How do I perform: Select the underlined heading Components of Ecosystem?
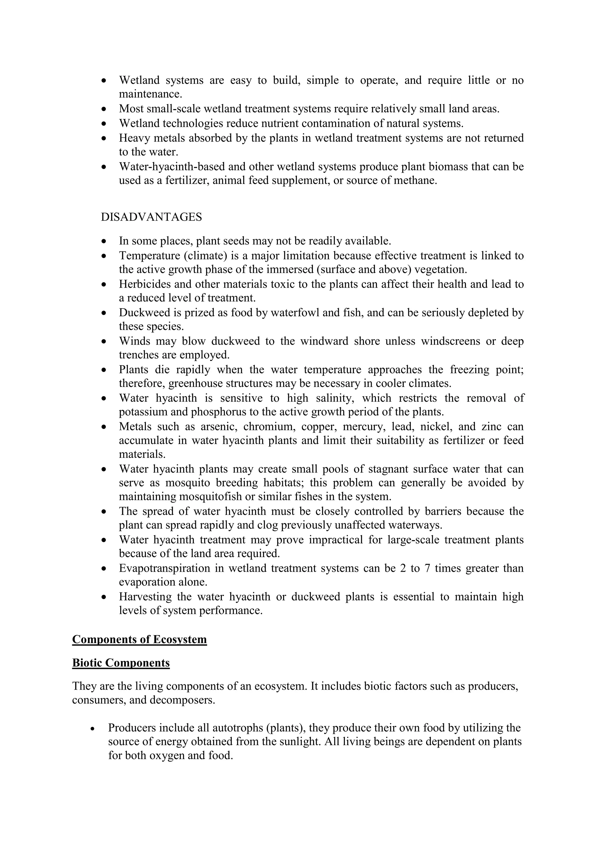point(139,639)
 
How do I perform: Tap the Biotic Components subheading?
point(121,663)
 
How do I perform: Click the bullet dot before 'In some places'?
point(104,242)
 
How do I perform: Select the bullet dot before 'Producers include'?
point(94,728)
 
